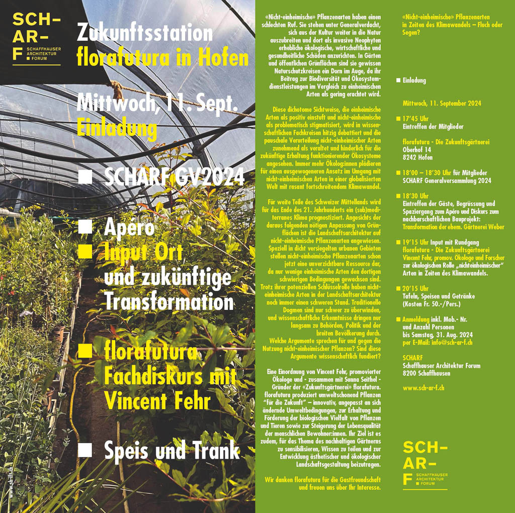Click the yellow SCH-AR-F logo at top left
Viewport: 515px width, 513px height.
pyautogui.click(x=37, y=38)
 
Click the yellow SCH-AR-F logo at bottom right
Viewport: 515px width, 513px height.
pyautogui.click(x=425, y=463)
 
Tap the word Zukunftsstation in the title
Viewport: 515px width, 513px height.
pyautogui.click(x=145, y=33)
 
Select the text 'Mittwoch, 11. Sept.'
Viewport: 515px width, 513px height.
pyautogui.click(x=157, y=104)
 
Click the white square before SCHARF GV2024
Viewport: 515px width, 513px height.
pyautogui.click(x=85, y=177)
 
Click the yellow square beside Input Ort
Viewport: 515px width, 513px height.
pyautogui.click(x=85, y=250)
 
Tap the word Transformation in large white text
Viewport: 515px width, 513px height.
pyautogui.click(x=168, y=302)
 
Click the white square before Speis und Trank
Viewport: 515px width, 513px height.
pyautogui.click(x=85, y=450)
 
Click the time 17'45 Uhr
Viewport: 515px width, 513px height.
pyautogui.click(x=415, y=119)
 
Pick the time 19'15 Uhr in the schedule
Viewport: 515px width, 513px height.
pyautogui.click(x=415, y=242)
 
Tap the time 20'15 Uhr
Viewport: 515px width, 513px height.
pyautogui.click(x=415, y=288)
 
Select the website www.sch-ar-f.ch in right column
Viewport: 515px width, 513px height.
pyautogui.click(x=423, y=388)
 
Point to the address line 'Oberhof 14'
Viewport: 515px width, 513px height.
pyautogui.click(x=417, y=150)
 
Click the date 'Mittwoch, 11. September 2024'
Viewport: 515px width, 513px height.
pyautogui.click(x=442, y=103)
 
